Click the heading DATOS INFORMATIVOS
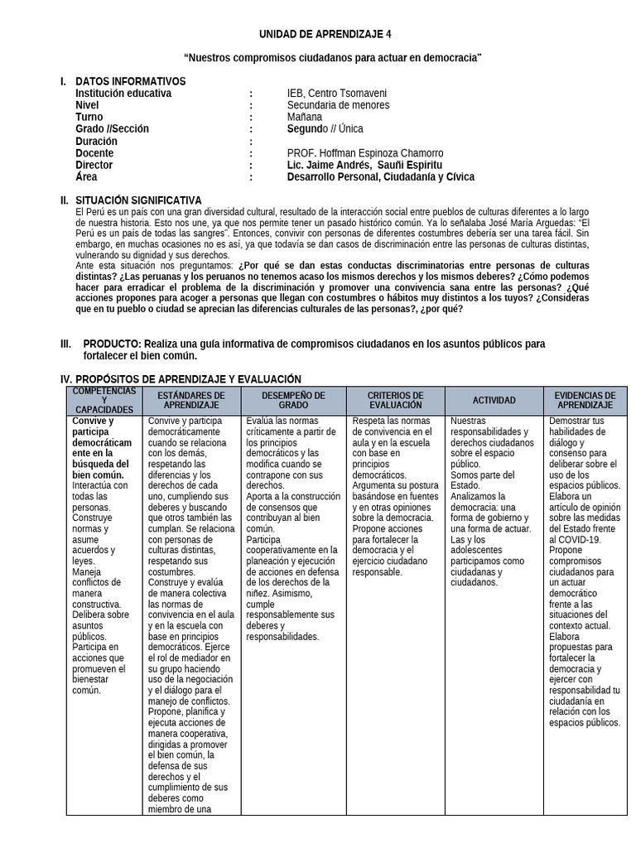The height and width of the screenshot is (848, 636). coord(130,81)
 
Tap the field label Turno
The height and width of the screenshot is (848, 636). coord(89,118)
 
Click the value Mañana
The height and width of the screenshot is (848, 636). coord(306,118)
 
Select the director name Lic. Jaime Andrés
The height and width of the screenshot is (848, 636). coord(324,166)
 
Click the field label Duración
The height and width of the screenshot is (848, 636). coord(96,142)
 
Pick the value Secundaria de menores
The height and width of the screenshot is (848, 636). coord(338,105)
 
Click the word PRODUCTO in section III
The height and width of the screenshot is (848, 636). coord(112,344)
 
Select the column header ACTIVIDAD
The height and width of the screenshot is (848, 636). coord(494,401)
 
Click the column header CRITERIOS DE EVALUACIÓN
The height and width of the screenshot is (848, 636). coord(395,401)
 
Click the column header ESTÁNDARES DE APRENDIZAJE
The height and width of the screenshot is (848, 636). coord(191,401)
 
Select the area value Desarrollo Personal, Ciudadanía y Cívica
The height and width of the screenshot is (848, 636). coord(381,177)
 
